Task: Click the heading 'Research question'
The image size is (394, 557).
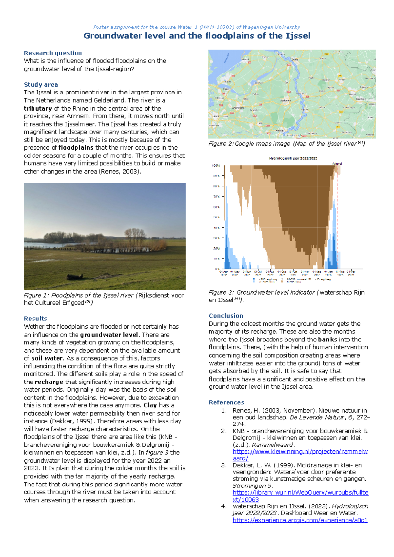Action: click(x=53, y=53)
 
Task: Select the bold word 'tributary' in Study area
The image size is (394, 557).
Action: click(x=37, y=109)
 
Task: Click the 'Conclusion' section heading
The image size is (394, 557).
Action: click(x=226, y=316)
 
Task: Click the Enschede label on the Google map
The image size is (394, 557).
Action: click(x=361, y=99)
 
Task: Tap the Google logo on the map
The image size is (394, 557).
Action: click(x=297, y=135)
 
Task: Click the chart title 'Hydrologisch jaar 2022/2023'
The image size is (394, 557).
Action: click(x=293, y=158)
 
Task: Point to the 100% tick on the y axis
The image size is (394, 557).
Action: click(x=216, y=166)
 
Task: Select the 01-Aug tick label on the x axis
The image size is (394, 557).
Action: click(x=270, y=272)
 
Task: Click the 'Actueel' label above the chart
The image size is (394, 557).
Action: click(x=337, y=163)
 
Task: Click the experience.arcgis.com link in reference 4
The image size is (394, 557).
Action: click(x=300, y=520)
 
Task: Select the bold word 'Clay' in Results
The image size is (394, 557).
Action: click(x=150, y=405)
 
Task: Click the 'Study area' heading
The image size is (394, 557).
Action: click(x=41, y=85)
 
